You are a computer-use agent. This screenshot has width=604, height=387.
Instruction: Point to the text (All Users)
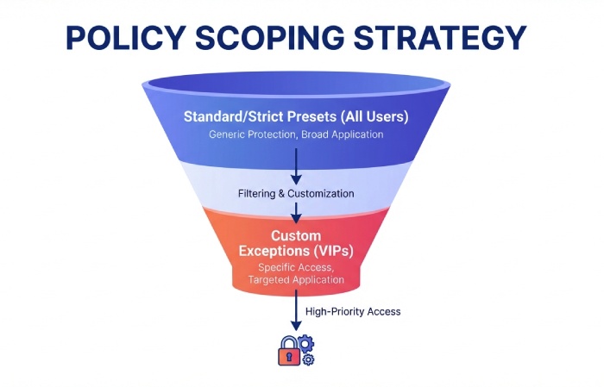click(374, 116)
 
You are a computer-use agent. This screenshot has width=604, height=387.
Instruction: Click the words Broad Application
click(343, 135)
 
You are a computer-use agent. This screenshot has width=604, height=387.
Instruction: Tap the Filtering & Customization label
click(296, 193)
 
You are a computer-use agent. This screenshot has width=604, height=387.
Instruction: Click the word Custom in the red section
click(296, 234)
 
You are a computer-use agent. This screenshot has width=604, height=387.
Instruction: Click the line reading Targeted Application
click(296, 280)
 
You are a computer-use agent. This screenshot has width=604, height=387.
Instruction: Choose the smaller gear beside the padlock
click(309, 359)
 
